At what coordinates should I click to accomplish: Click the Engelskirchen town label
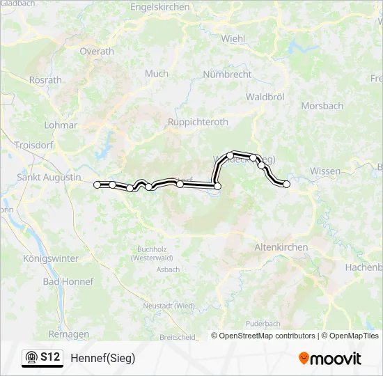159,7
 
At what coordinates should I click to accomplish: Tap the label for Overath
97,52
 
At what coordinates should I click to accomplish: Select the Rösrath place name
47,80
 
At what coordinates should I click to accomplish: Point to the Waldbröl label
265,97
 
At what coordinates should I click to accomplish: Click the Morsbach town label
322,106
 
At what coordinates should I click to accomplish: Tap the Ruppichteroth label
198,122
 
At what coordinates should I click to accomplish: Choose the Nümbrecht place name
226,74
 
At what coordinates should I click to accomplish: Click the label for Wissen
325,171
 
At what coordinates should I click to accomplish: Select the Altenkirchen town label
281,247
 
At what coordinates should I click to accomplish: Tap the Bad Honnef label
63,281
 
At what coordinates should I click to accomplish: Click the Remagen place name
69,334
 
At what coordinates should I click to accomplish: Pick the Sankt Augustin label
49,178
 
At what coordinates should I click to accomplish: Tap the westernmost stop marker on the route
97,185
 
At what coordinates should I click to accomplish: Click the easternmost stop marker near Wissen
286,184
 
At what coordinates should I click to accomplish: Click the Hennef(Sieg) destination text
102,358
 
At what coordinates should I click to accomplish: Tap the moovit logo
330,359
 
